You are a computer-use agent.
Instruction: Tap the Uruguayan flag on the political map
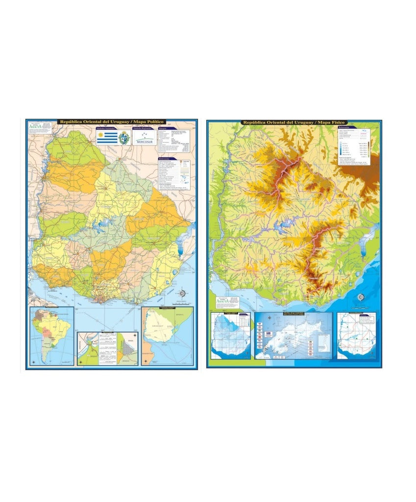tap(107, 138)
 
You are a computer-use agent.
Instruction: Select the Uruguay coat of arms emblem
tap(124, 138)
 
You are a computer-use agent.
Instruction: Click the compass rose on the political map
tap(183, 294)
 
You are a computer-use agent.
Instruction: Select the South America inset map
tap(51, 336)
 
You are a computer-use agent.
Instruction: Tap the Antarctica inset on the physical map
tap(293, 336)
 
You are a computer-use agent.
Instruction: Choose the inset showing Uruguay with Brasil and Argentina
tap(167, 336)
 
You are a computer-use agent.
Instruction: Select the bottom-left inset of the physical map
tap(230, 336)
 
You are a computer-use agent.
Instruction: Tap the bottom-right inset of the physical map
tap(356, 336)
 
